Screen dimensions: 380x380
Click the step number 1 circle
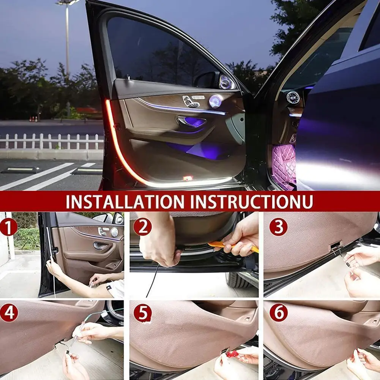coord(8,228)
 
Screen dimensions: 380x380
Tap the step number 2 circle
coord(142,227)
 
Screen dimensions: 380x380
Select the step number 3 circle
coord(278,227)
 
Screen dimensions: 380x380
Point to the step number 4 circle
coord(8,313)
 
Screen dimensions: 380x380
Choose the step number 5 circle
coord(142,313)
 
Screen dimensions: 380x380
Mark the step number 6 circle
coord(278,313)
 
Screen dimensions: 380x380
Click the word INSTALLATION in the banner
coord(125,202)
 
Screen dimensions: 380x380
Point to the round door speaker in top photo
coord(215,101)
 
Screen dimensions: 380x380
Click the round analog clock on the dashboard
coord(293,98)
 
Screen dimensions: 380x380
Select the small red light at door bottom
coord(187,178)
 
